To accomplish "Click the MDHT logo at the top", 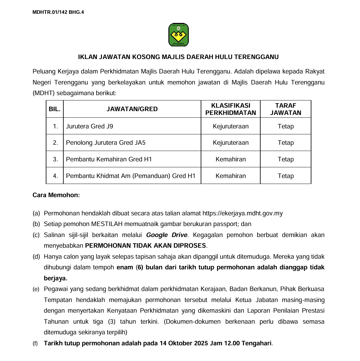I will pos(178,35).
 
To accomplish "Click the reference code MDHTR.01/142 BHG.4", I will pos(58,12).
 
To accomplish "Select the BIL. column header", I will pos(55,109).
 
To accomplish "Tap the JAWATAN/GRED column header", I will pos(132,109).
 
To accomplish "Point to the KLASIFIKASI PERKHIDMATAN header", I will pos(230,109).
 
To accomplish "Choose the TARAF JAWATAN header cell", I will pos(285,109).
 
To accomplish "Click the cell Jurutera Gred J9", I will pos(90,126).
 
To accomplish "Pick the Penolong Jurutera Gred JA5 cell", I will pos(106,143).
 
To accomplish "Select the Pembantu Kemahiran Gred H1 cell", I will pos(109,159).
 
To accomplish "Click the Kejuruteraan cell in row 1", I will pos(230,126).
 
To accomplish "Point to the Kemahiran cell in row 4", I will pos(230,176).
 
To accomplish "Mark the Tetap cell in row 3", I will pos(285,159).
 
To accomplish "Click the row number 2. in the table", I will pos(56,143).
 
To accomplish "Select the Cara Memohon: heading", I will pos(56,195).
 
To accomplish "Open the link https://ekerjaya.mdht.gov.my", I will pos(242,213).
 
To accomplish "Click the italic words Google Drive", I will pos(167,235).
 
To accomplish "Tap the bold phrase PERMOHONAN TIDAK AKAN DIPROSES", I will pos(146,245).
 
